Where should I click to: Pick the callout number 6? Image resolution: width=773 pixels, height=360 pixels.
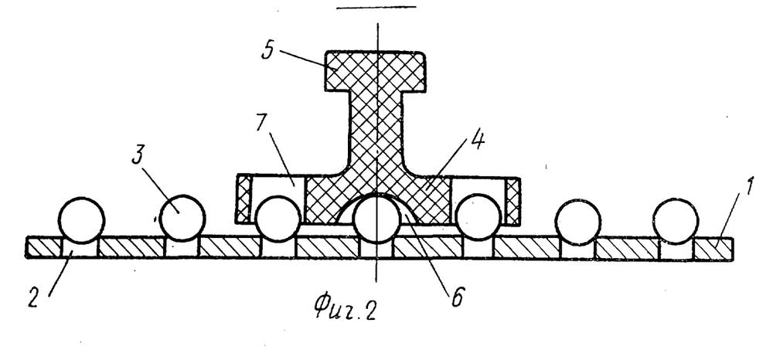(x=457, y=297)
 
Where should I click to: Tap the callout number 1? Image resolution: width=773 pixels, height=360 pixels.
(x=747, y=188)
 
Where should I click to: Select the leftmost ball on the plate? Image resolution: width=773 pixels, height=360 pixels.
(x=81, y=219)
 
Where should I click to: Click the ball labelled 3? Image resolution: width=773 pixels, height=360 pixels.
(x=182, y=218)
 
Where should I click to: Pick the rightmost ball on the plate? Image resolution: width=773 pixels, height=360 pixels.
(x=676, y=220)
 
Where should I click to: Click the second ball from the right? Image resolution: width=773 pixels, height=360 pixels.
(x=577, y=222)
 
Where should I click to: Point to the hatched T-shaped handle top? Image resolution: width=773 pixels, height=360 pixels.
(x=376, y=71)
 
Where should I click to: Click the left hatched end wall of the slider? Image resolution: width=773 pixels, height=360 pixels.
(x=243, y=199)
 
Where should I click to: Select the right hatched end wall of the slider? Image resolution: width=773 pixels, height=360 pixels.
(x=513, y=202)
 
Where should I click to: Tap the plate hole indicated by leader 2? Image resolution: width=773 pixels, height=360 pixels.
(x=80, y=248)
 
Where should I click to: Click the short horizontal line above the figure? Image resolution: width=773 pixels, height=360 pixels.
(x=377, y=8)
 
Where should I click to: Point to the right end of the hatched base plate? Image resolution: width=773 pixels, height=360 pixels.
(x=733, y=250)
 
